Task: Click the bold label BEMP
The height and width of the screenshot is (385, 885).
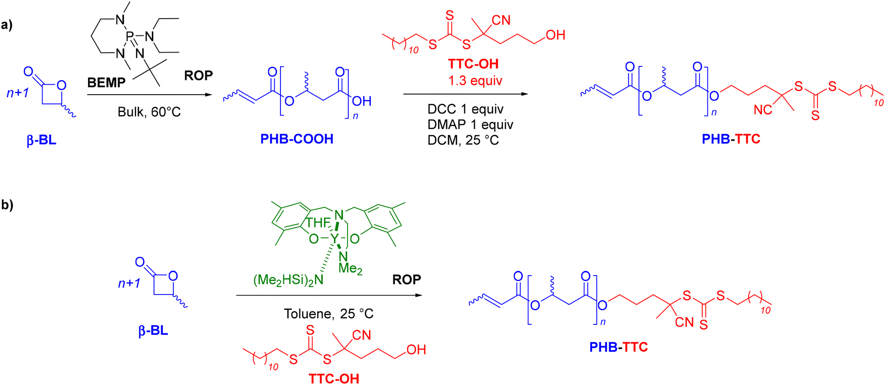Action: [106, 83]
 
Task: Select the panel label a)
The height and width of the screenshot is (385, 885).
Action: [7, 24]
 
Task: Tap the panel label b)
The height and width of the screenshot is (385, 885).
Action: [7, 205]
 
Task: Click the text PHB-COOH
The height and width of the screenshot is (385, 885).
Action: [297, 139]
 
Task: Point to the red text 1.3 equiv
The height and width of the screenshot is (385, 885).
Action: [475, 80]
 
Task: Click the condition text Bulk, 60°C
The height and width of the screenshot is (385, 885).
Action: [149, 112]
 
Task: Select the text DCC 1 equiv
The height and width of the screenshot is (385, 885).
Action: [465, 109]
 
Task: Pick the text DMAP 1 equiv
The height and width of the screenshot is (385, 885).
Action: [471, 124]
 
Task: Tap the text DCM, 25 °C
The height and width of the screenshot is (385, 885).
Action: [463, 140]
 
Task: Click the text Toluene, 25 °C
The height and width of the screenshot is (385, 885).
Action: [329, 314]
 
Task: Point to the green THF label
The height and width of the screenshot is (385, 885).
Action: [318, 222]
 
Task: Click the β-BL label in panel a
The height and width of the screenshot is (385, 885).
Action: [42, 140]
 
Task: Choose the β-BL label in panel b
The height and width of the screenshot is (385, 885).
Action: [153, 330]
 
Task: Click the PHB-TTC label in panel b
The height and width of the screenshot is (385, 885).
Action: [618, 347]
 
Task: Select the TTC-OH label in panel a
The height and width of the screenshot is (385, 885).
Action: [473, 64]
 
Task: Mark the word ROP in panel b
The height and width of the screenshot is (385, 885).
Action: [407, 279]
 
